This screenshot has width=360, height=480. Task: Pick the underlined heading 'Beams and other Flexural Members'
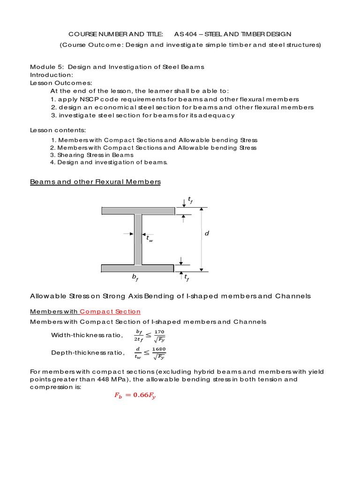[95, 182]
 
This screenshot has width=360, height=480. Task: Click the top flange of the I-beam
[138, 211]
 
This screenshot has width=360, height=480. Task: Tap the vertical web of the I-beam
[138, 239]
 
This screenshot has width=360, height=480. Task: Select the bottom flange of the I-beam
[138, 268]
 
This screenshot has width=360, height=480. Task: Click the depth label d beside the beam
[207, 233]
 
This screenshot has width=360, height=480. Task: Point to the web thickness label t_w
[150, 239]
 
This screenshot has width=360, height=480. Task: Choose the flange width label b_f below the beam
[135, 278]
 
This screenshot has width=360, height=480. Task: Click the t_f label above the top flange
[190, 200]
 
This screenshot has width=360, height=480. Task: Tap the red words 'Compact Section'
[110, 311]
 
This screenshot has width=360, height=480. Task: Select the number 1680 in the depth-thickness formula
[159, 349]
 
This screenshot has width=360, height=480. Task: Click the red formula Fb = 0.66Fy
[135, 396]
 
